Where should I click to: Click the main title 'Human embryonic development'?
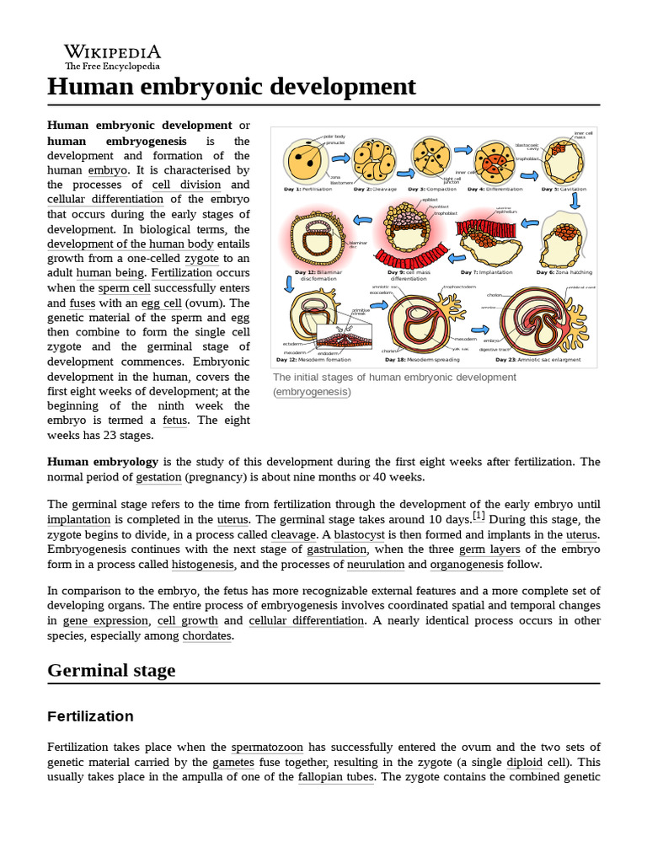coord(232,87)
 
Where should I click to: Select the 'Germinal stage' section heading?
coord(111,670)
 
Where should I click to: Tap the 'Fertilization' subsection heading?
coord(90,716)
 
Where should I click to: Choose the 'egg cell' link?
coord(161,303)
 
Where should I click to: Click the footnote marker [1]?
coord(479,515)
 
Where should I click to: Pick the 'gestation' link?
coord(158,477)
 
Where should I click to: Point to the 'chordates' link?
coord(206,635)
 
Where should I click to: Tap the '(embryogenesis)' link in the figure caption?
coord(312,392)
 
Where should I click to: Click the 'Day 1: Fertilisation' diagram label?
coord(308,190)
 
